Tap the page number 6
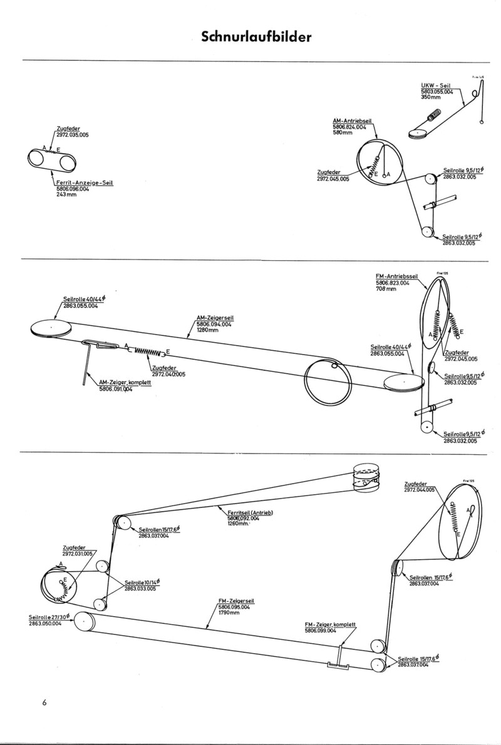point(44,701)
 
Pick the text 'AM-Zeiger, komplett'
point(123,382)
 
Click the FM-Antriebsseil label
point(388,275)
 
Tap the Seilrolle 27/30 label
point(50,617)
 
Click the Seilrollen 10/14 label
point(141,582)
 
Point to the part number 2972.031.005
point(77,554)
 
